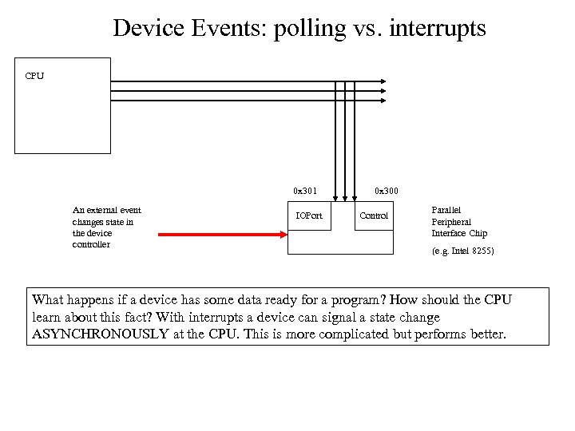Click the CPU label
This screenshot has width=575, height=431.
click(x=34, y=76)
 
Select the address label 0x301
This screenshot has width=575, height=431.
click(x=304, y=191)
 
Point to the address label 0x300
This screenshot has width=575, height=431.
click(x=387, y=191)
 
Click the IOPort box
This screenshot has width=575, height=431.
click(x=309, y=215)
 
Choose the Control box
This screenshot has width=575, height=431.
click(x=374, y=215)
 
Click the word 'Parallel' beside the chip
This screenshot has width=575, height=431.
click(x=446, y=211)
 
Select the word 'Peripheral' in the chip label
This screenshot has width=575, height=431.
click(x=451, y=222)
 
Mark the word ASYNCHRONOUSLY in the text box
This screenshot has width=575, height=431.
click(x=100, y=334)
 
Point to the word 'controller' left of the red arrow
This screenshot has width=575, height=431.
click(x=91, y=244)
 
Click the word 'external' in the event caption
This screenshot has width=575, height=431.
click(x=99, y=211)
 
